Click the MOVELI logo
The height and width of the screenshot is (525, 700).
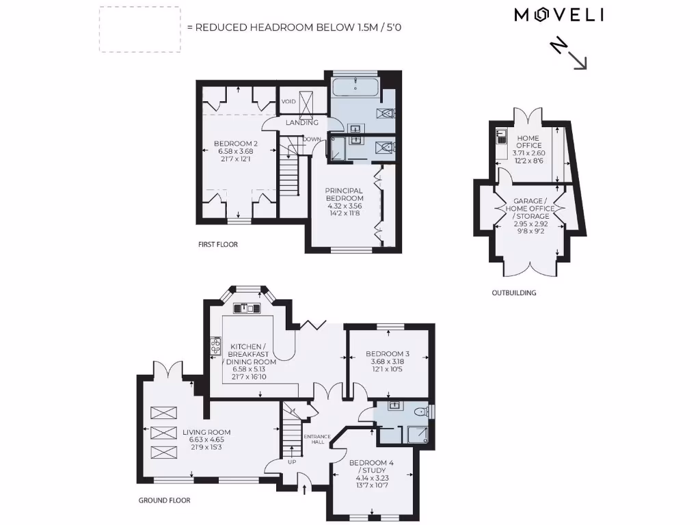[558, 15]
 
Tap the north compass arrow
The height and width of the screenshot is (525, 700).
[569, 53]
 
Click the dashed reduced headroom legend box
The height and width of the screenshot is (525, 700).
[140, 29]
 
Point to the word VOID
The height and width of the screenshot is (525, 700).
[289, 102]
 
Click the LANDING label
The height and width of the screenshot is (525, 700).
[301, 122]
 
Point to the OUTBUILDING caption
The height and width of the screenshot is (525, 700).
[514, 293]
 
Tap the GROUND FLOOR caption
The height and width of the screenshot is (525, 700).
[164, 500]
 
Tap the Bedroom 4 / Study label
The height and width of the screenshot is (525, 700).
[371, 471]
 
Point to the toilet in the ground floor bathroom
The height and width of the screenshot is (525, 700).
[422, 410]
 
